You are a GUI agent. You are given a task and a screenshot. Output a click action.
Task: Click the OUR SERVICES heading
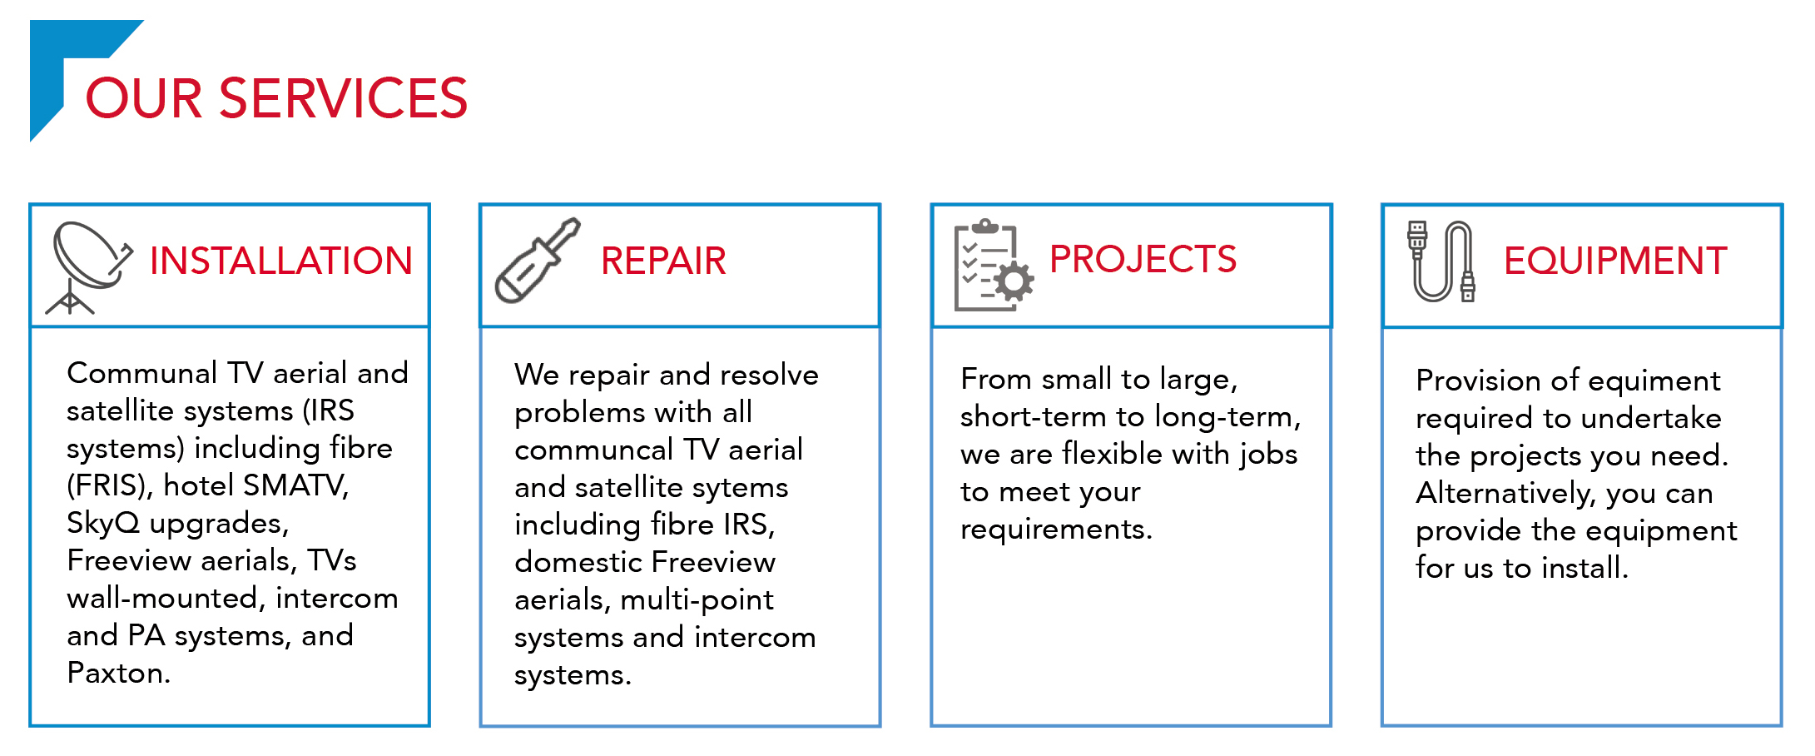[276, 98]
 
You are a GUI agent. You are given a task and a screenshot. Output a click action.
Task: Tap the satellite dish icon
[87, 266]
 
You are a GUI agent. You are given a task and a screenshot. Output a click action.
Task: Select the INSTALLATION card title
[280, 261]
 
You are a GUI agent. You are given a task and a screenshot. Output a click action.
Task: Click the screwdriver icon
[537, 261]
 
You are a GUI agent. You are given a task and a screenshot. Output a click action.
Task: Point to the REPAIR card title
[663, 261]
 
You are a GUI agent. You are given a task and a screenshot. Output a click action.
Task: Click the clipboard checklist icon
[993, 266]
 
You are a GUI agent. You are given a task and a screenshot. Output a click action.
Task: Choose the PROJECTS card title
[1143, 259]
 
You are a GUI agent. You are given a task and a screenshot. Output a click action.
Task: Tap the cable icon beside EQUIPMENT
[1441, 261]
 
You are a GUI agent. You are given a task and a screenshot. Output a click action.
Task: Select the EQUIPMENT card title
[1615, 261]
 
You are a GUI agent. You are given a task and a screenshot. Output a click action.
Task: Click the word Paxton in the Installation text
[117, 673]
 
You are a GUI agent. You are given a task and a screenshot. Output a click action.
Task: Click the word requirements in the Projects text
[1055, 529]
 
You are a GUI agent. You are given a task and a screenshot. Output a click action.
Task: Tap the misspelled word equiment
[1655, 380]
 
